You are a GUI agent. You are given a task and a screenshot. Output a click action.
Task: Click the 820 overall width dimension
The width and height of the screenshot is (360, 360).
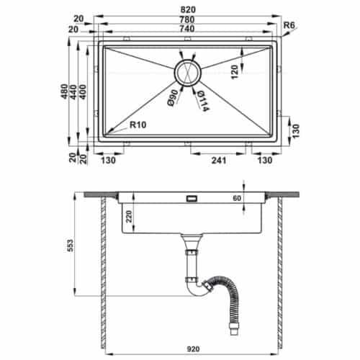(188, 9)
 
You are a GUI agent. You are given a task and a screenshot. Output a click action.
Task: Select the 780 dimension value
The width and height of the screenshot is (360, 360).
(187, 19)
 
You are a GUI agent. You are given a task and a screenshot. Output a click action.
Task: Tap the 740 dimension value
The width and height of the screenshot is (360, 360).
(187, 29)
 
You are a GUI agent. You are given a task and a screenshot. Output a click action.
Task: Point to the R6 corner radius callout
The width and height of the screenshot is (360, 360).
(289, 25)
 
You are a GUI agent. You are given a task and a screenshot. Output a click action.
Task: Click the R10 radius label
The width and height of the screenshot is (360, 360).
(138, 125)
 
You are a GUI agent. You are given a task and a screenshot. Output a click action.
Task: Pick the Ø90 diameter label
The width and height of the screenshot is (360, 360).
(173, 98)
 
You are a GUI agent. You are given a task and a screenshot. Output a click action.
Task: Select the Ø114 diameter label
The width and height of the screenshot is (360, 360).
(203, 101)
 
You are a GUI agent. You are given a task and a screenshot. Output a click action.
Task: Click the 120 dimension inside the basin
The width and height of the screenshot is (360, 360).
(235, 72)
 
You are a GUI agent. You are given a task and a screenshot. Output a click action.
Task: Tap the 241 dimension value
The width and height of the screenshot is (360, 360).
(219, 160)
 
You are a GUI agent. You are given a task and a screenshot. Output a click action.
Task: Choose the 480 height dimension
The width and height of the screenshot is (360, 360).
(64, 91)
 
